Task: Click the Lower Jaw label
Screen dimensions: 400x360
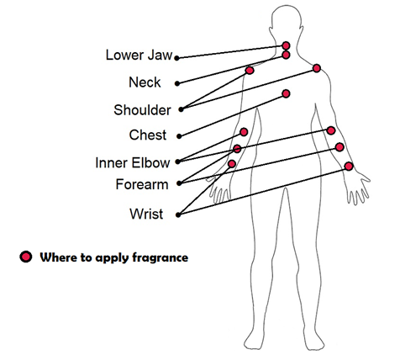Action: click(x=139, y=55)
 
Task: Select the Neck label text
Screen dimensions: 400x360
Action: click(x=145, y=82)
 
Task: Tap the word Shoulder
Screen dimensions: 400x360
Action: click(x=142, y=110)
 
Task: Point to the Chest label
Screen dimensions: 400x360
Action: click(x=148, y=135)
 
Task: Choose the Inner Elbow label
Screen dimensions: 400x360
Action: click(x=133, y=162)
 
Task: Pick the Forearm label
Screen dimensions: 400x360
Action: click(x=142, y=184)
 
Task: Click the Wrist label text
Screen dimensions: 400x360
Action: click(x=146, y=214)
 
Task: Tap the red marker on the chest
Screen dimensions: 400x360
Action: click(x=286, y=93)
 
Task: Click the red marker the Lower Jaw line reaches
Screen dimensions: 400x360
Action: click(x=286, y=45)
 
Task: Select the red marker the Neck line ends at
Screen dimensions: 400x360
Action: click(x=286, y=55)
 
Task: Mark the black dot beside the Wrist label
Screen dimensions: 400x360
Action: click(x=178, y=215)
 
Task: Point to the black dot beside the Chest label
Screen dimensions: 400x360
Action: click(x=179, y=136)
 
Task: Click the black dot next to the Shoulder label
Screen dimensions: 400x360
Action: click(x=182, y=109)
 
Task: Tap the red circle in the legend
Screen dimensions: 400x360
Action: click(x=26, y=257)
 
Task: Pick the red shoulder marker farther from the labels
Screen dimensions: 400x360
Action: click(x=317, y=68)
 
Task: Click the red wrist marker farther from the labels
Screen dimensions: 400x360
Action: click(x=349, y=167)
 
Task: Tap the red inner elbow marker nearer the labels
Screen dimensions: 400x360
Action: click(x=244, y=132)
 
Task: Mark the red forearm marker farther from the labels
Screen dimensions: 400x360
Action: click(x=339, y=147)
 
